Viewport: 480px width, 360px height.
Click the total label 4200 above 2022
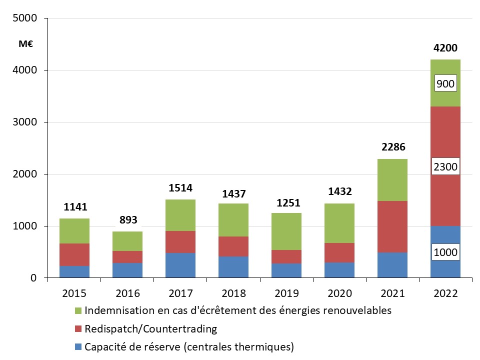pos(445,48)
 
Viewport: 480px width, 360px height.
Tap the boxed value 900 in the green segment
pos(445,84)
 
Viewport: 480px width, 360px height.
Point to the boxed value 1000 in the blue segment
pos(445,252)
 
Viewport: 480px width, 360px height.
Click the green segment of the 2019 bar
pos(287,231)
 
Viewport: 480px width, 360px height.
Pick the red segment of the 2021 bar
pos(392,226)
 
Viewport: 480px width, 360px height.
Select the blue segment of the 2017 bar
pos(180,265)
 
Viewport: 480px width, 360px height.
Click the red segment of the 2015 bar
pos(74,254)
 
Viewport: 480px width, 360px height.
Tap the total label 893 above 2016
pos(128,220)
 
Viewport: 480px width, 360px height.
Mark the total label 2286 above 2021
pos(392,147)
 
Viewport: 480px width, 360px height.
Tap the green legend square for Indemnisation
pos(77,310)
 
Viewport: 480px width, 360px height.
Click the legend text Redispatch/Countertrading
pos(150,329)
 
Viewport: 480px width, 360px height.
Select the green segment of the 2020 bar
pos(339,223)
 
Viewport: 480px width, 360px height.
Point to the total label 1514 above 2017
pos(180,188)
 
